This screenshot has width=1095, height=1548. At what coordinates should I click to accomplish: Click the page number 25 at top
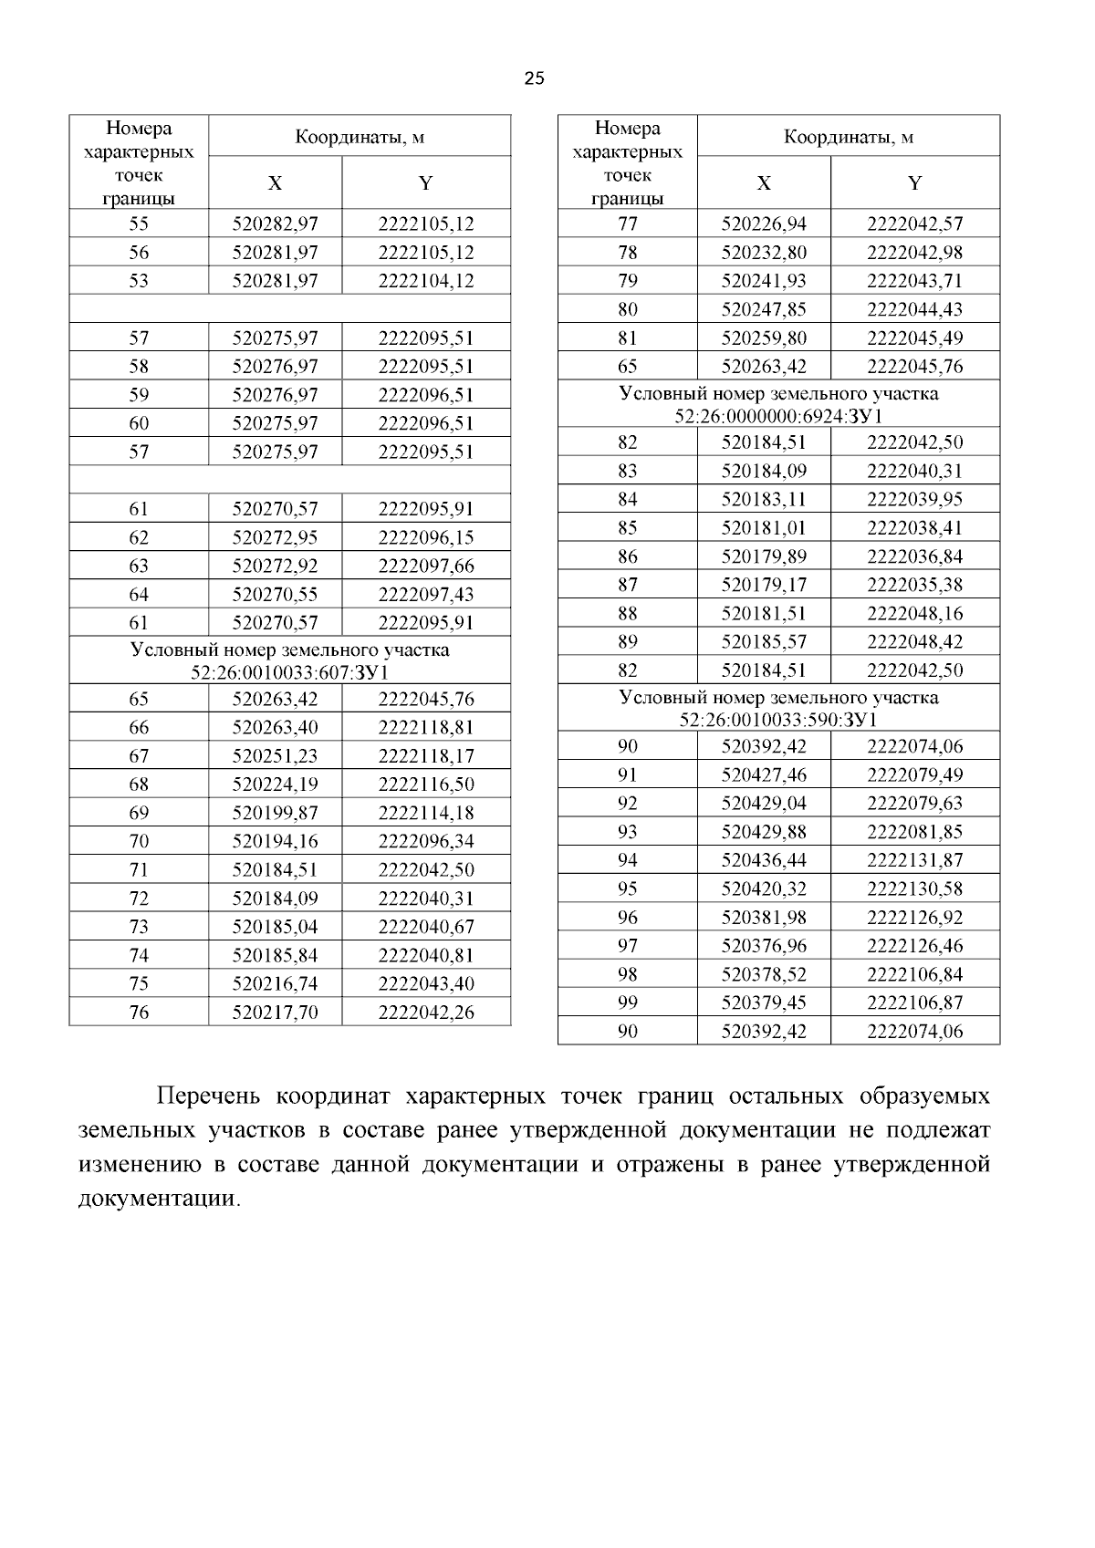point(535,78)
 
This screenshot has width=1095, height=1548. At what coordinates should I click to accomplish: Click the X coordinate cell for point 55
point(275,223)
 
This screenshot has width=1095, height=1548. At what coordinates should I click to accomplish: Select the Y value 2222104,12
point(426,281)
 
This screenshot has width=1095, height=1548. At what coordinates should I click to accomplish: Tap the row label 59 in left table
point(139,395)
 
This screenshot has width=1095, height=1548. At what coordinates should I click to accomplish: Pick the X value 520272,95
point(275,537)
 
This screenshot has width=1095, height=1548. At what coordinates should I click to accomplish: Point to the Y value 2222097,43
point(426,595)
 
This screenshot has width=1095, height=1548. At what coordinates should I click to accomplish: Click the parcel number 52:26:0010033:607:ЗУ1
point(289,673)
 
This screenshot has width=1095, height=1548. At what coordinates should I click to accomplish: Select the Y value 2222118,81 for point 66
point(426,728)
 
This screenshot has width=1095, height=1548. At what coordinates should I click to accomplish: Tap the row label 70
point(139,841)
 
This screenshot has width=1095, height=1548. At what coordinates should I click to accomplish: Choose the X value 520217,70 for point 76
point(275,1013)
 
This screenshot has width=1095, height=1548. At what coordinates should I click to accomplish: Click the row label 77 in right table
point(628,223)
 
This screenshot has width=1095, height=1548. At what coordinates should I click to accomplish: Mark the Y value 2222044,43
point(914,309)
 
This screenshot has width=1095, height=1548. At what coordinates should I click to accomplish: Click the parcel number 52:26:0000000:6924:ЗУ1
point(778,416)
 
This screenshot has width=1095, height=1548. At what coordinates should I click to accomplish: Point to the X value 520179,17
point(764,585)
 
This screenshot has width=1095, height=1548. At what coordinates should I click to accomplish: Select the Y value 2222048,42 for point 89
point(914,641)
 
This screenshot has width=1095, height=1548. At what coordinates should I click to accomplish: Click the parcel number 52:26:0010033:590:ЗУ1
point(778,720)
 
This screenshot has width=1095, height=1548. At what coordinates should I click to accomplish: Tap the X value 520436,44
point(764,860)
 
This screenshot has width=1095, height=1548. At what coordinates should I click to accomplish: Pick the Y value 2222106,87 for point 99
point(914,1003)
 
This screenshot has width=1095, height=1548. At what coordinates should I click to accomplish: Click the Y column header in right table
point(914,183)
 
